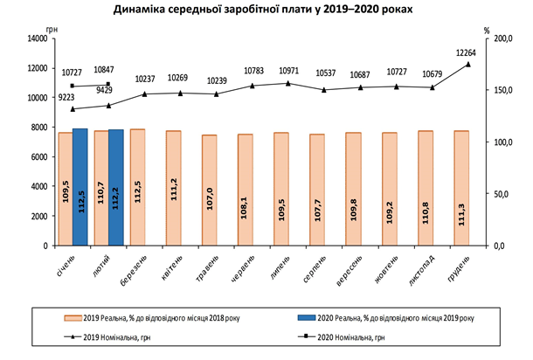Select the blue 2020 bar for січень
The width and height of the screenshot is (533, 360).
[80, 187]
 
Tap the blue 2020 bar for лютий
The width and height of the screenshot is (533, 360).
[116, 188]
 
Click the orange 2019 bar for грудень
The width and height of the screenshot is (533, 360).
[460, 188]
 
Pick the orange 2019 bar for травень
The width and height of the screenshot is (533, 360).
[210, 190]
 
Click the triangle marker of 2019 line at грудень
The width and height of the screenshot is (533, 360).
[467, 64]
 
